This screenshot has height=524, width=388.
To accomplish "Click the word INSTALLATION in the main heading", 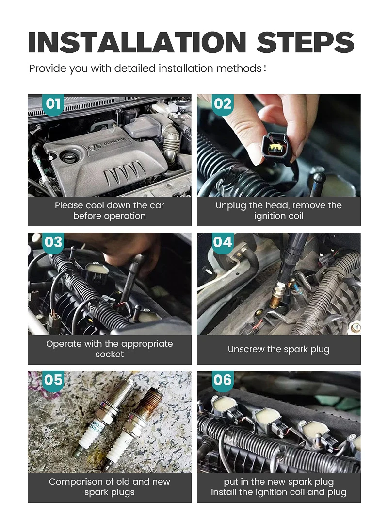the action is tap(137, 42).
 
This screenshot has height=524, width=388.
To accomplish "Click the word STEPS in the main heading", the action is tap(305, 42).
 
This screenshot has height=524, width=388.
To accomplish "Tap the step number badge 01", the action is tap(53, 104).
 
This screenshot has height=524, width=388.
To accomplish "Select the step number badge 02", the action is tap(223, 104).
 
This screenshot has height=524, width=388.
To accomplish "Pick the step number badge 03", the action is tap(53, 242).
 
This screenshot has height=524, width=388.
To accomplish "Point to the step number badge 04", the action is tap(223, 242).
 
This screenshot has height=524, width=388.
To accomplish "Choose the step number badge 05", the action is tap(53, 380).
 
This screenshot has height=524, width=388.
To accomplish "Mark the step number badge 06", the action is tap(223, 380).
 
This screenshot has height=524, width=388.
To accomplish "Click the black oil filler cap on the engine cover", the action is tap(69, 155).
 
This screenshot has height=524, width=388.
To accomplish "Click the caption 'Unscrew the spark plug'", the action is tap(278, 349).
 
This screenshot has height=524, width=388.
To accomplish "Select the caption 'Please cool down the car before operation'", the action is tap(110, 211).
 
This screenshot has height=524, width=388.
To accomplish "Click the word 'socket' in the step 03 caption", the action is tap(110, 354).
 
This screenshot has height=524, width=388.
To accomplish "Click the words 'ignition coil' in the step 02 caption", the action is tap(278, 216).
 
